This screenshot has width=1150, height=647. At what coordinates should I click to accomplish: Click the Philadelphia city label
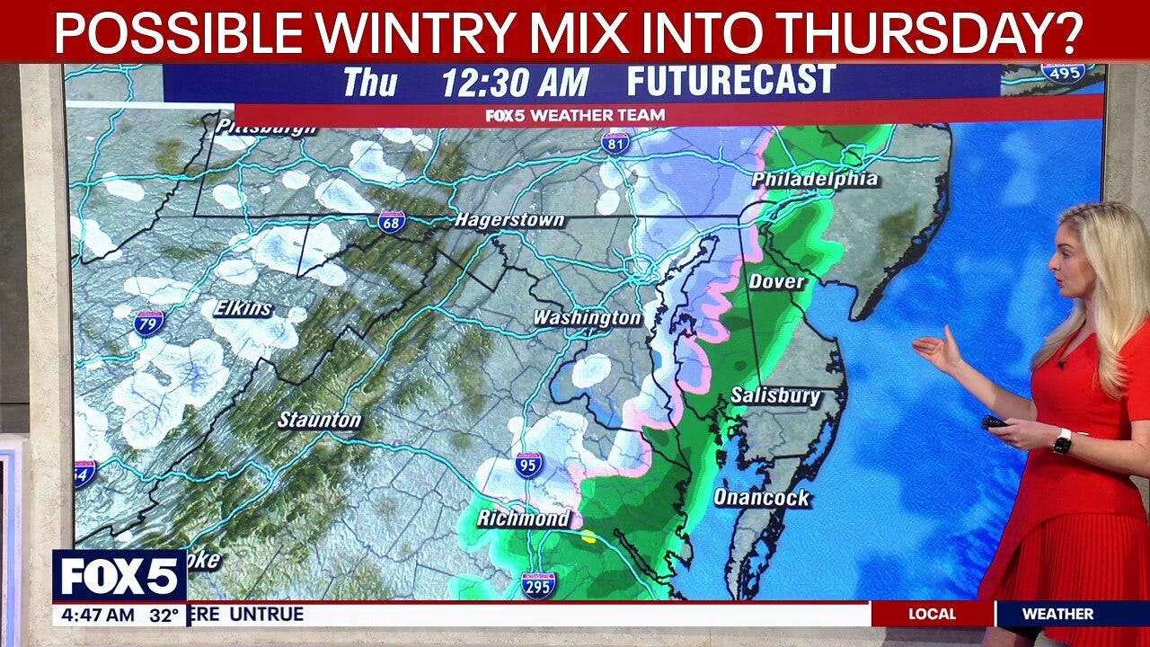815,180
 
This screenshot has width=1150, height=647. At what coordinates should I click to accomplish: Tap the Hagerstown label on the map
509,220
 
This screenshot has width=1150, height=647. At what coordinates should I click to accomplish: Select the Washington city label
587,318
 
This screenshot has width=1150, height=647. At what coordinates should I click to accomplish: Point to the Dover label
777,281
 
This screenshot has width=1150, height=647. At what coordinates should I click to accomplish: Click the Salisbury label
775,395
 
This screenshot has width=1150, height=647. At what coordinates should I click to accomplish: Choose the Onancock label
762,497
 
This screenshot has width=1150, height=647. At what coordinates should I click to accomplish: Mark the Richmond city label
523,518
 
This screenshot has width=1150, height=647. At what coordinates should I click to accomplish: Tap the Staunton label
319,420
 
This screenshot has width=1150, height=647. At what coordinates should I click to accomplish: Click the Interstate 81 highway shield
615,143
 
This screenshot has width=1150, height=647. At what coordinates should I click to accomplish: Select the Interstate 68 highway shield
392,222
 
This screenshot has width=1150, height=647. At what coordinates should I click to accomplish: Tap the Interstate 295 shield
538,584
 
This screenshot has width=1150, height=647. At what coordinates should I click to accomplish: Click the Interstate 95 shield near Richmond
529,465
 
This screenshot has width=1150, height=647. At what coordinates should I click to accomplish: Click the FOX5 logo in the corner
119,576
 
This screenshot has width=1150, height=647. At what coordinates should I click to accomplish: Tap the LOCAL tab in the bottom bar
932,615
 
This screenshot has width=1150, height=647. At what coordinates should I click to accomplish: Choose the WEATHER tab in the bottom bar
1057,615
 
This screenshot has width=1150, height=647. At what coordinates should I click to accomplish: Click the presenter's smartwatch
1063,441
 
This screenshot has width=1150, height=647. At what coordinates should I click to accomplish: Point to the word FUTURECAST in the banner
730,82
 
